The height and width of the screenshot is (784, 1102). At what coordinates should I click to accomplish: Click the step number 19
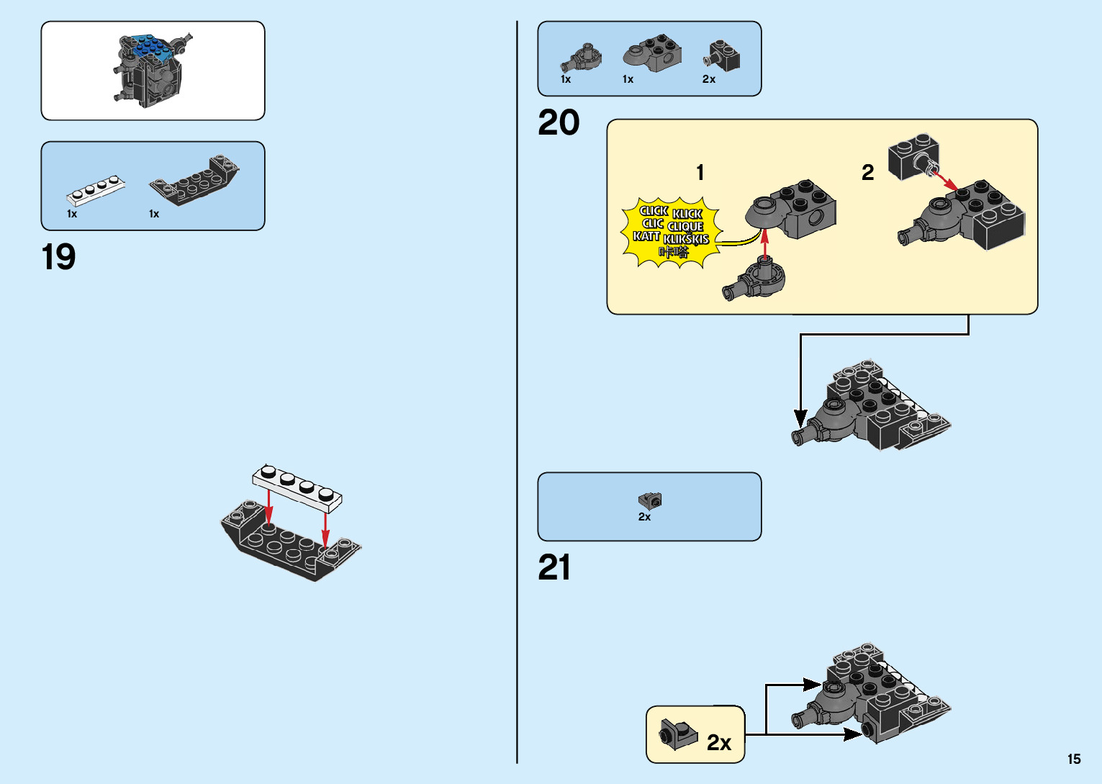pos(58,257)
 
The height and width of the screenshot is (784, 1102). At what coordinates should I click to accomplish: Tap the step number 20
pos(559,122)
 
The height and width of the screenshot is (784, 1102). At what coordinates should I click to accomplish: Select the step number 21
pos(554,567)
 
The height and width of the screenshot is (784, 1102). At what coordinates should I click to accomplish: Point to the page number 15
pos(1073,759)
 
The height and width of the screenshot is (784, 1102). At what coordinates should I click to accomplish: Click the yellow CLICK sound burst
pos(670,231)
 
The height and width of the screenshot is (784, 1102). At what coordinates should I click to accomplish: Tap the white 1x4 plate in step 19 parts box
pos(96,189)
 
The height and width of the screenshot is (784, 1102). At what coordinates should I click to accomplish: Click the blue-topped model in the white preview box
pos(152,70)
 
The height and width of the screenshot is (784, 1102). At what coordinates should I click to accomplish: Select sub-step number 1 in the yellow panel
pos(700,172)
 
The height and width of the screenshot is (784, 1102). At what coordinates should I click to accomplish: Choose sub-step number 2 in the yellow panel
pos(868,172)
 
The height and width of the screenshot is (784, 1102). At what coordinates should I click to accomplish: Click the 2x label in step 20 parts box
pos(709,79)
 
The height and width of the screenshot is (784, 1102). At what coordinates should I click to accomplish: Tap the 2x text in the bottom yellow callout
pos(719,742)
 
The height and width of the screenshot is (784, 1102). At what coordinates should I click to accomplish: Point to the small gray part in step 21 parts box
pos(649,500)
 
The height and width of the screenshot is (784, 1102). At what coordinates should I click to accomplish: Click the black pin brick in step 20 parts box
pos(723,55)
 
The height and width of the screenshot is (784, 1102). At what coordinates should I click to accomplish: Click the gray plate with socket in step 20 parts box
pos(652,53)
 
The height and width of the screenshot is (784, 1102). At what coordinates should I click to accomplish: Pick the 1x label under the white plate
pos(72,214)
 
